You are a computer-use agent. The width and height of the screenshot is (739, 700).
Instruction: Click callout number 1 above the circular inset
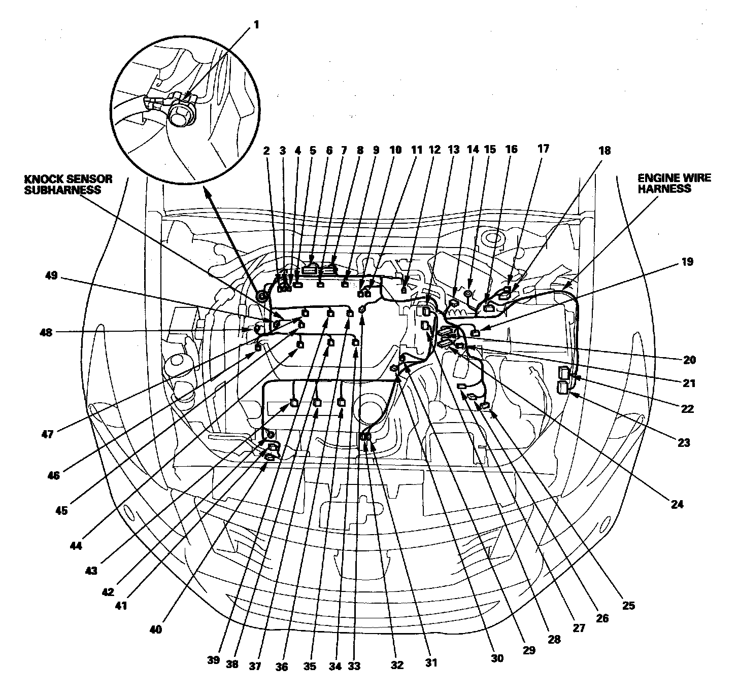click(x=256, y=24)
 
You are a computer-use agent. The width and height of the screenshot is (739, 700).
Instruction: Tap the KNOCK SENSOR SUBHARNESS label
click(x=69, y=184)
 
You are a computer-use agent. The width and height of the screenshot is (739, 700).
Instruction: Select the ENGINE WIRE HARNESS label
click(x=674, y=183)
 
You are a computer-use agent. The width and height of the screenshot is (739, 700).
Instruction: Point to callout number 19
click(x=687, y=262)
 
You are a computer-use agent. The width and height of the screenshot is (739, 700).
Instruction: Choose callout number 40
click(x=155, y=629)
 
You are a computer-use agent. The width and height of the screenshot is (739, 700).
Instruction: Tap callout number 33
click(x=354, y=666)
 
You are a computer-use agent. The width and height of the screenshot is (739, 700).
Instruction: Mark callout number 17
click(x=543, y=150)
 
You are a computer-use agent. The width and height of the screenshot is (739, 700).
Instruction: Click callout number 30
click(x=497, y=658)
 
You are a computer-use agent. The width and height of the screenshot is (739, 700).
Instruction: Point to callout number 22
click(x=687, y=408)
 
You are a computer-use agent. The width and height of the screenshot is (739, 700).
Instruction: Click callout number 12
click(x=434, y=150)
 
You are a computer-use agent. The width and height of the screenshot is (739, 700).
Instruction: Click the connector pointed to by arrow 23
click(x=563, y=388)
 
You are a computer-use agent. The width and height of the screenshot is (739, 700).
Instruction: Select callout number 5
click(x=312, y=150)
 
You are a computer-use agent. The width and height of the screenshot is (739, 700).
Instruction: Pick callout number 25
click(x=628, y=605)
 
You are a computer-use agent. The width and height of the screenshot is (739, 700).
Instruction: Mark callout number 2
click(x=266, y=150)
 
